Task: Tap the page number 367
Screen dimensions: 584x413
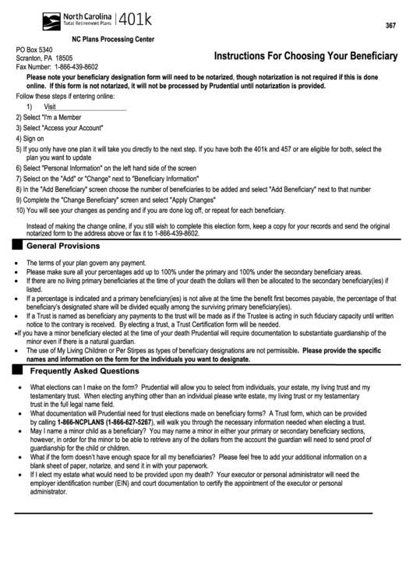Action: (390, 27)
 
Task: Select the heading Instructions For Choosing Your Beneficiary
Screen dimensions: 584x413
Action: (305, 56)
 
